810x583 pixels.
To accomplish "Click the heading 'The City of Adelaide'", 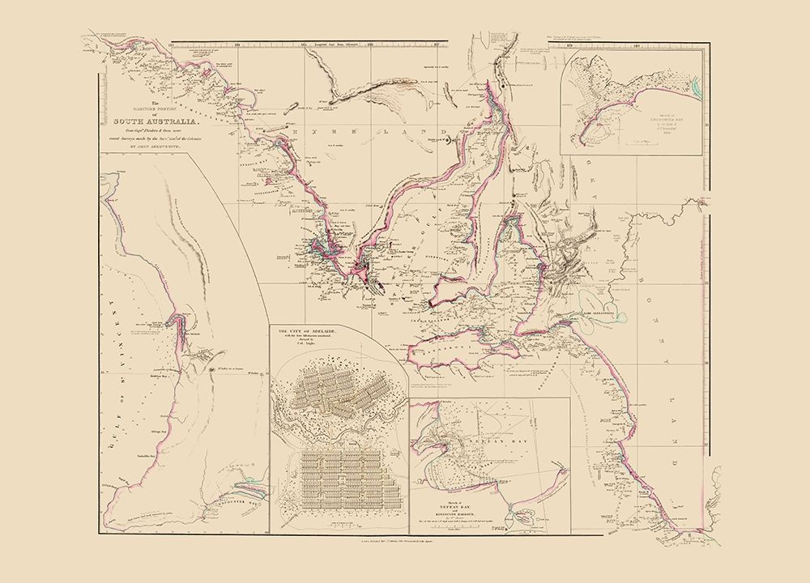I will (313, 333).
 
